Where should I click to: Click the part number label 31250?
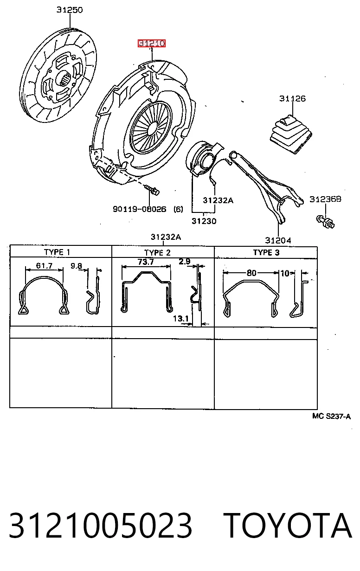pos(70,10)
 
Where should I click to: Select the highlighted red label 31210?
pos(152,43)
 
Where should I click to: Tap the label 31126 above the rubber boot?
pos(292,98)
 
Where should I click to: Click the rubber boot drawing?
pos(291,135)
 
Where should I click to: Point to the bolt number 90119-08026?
pos(140,209)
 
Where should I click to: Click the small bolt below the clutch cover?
pos(152,190)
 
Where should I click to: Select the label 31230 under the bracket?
pos(204,221)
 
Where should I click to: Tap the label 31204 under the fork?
pos(278,240)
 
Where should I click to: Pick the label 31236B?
pos(325,199)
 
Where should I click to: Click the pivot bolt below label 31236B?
pos(325,221)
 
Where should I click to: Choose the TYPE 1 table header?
pos(57,252)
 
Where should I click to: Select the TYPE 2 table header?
pos(157,253)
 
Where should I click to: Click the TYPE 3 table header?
pos(266,252)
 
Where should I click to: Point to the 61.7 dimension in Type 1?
pos(44,266)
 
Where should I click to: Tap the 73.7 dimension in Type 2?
pos(146,262)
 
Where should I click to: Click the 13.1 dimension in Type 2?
pos(181,318)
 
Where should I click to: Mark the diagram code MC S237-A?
pos(331,416)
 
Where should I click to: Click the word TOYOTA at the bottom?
pos(288,526)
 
